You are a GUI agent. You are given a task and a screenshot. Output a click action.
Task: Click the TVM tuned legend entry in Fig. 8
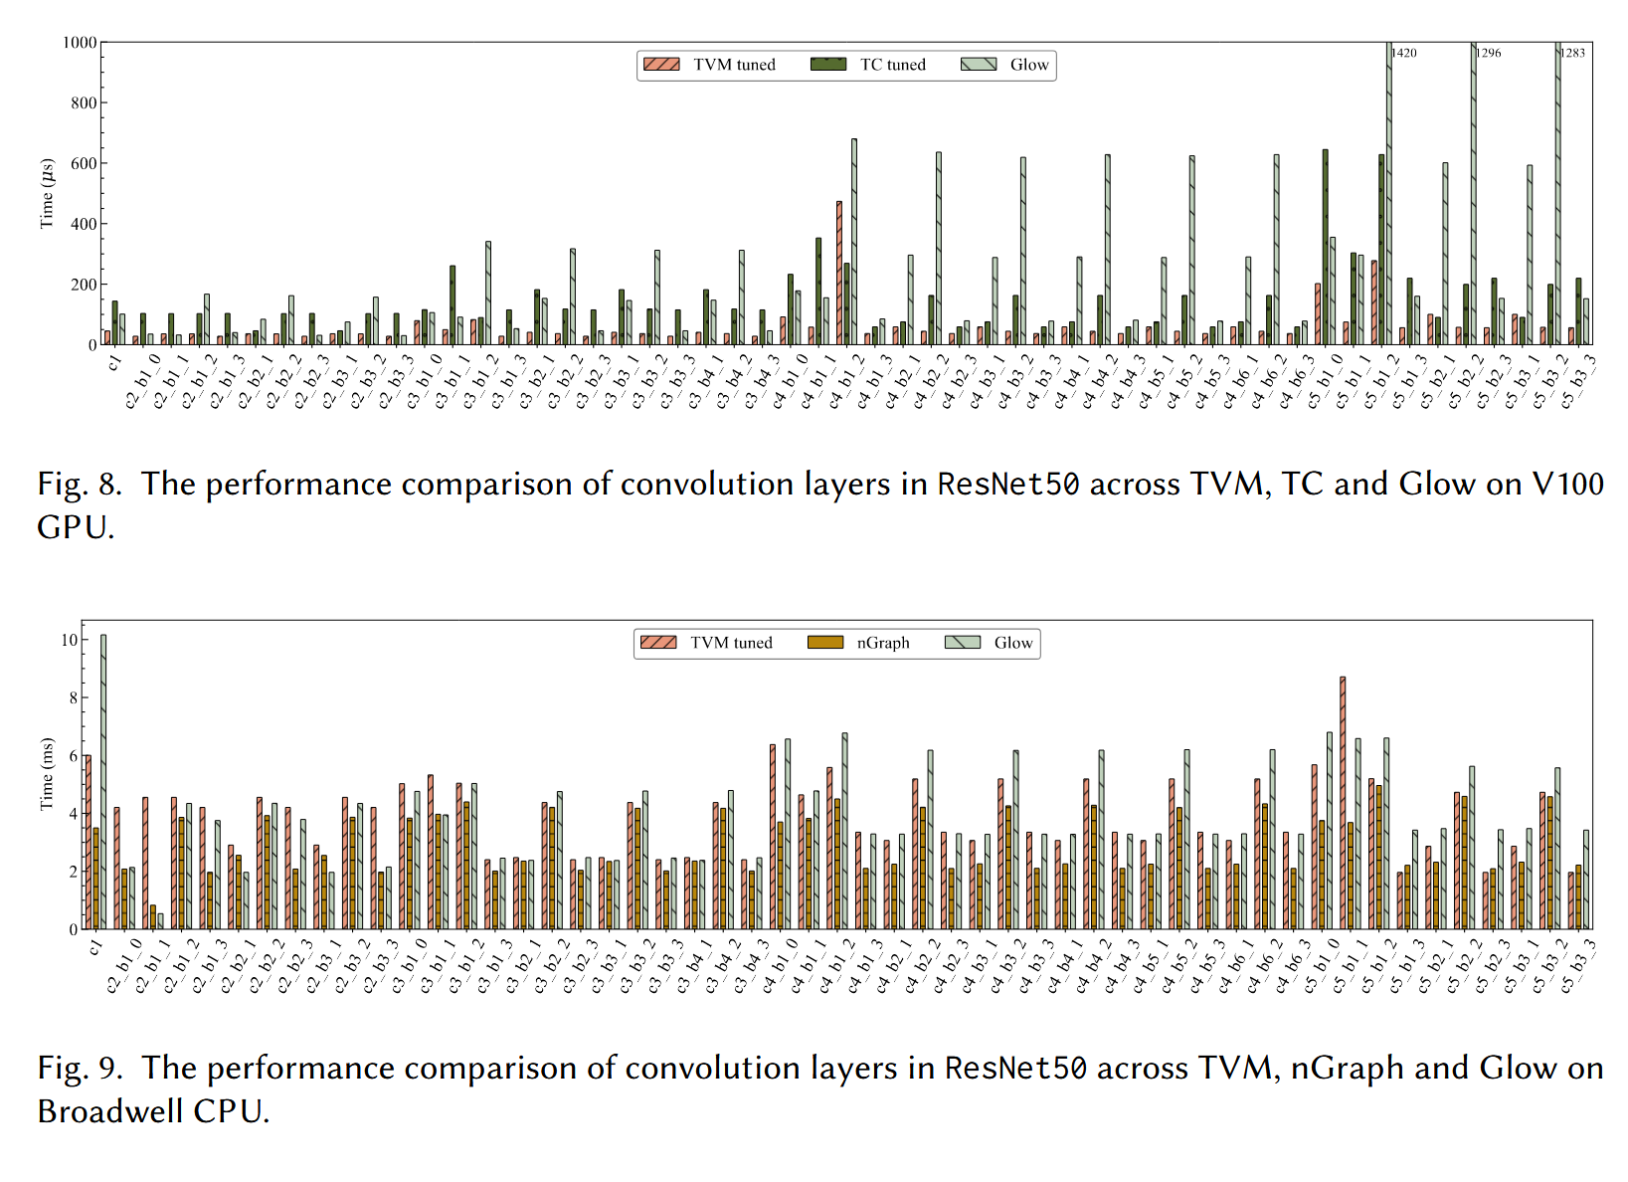710,65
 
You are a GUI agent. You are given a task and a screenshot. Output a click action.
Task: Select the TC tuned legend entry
869,65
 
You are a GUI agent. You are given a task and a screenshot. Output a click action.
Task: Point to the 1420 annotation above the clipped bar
1404,53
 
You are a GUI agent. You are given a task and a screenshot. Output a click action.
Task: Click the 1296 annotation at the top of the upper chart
1489,53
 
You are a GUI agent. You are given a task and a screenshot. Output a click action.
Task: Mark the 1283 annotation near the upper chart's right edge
1573,53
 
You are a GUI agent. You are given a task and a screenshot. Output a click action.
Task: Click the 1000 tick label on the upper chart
80,43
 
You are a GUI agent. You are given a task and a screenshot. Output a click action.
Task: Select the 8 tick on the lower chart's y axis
73,697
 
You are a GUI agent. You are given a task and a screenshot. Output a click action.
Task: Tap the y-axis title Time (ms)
46,774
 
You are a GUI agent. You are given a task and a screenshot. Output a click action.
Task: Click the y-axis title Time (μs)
46,193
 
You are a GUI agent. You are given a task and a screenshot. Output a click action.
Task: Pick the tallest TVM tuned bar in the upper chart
839,274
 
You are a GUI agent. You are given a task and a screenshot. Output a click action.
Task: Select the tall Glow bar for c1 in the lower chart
103,782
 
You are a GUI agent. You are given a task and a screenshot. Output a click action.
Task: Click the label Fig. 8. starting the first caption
80,485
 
